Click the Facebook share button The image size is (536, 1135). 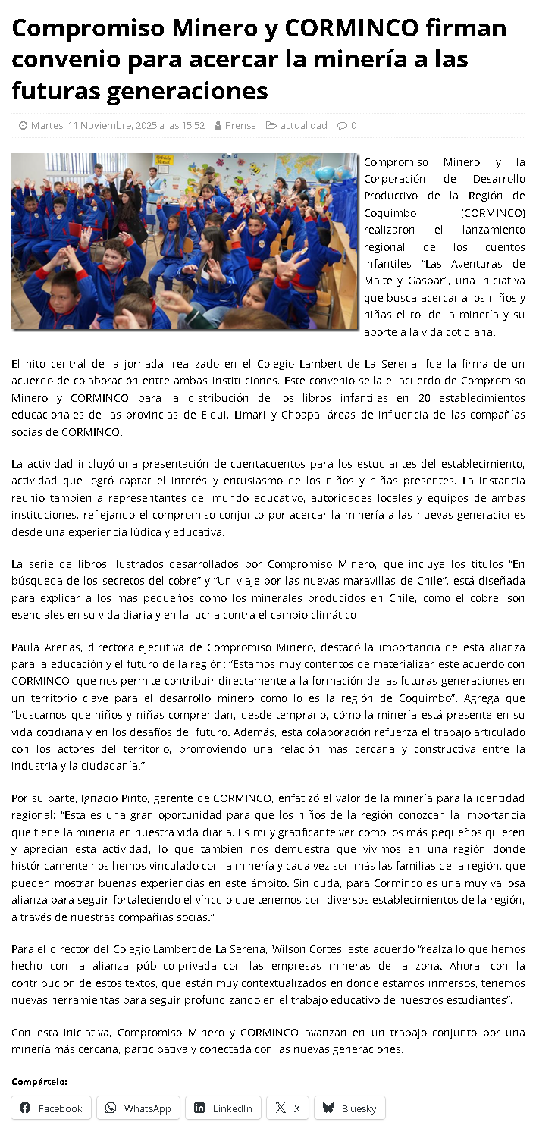click(x=51, y=1108)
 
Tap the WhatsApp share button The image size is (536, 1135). click(x=138, y=1108)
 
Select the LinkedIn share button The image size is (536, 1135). click(x=223, y=1108)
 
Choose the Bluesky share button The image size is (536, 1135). click(x=349, y=1108)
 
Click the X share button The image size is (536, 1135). click(x=287, y=1108)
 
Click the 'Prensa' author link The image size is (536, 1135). click(x=240, y=125)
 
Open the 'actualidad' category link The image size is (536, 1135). click(x=303, y=125)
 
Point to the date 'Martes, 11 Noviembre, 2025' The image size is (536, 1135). click(x=118, y=125)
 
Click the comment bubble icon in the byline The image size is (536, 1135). click(x=343, y=125)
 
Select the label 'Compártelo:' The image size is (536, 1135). click(x=39, y=1081)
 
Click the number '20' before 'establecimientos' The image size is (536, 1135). click(x=425, y=397)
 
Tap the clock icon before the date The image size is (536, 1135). click(x=24, y=125)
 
